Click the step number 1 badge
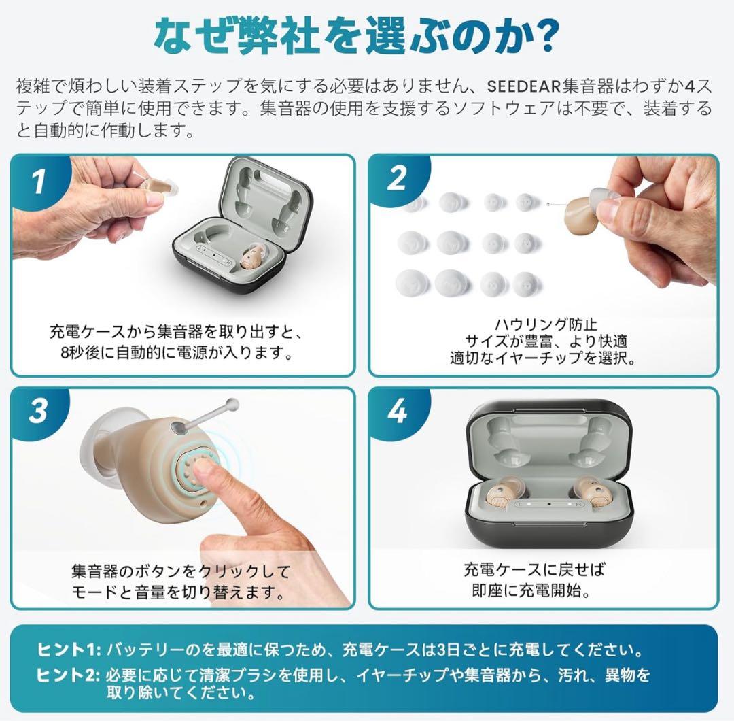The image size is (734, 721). pyautogui.click(x=39, y=182)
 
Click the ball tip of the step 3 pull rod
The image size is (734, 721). pyautogui.click(x=232, y=403)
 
